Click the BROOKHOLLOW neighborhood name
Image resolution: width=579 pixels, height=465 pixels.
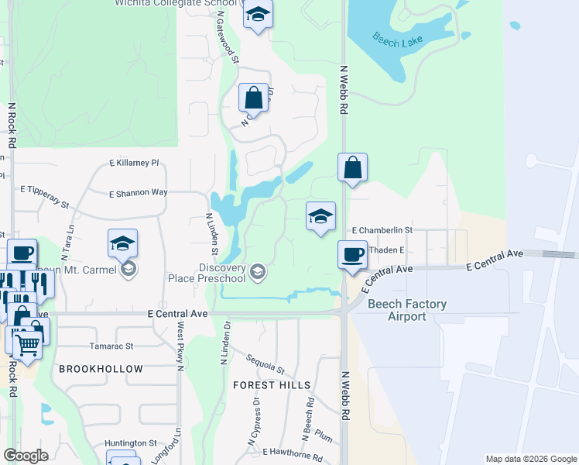(101, 369)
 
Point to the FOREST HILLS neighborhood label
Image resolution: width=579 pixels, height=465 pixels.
(272, 385)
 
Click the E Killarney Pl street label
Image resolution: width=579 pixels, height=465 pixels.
(134, 164)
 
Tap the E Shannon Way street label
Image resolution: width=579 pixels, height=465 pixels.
(138, 193)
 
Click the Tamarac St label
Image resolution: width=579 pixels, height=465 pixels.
(111, 346)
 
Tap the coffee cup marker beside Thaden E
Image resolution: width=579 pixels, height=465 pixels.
(353, 254)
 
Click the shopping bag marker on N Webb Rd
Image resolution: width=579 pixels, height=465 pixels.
(352, 167)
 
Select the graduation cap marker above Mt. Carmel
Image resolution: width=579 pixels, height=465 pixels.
(122, 243)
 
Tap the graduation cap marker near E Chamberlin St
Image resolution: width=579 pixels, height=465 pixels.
(320, 217)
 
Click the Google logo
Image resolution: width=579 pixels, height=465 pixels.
(26, 455)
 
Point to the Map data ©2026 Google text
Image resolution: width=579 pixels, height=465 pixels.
(530, 459)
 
